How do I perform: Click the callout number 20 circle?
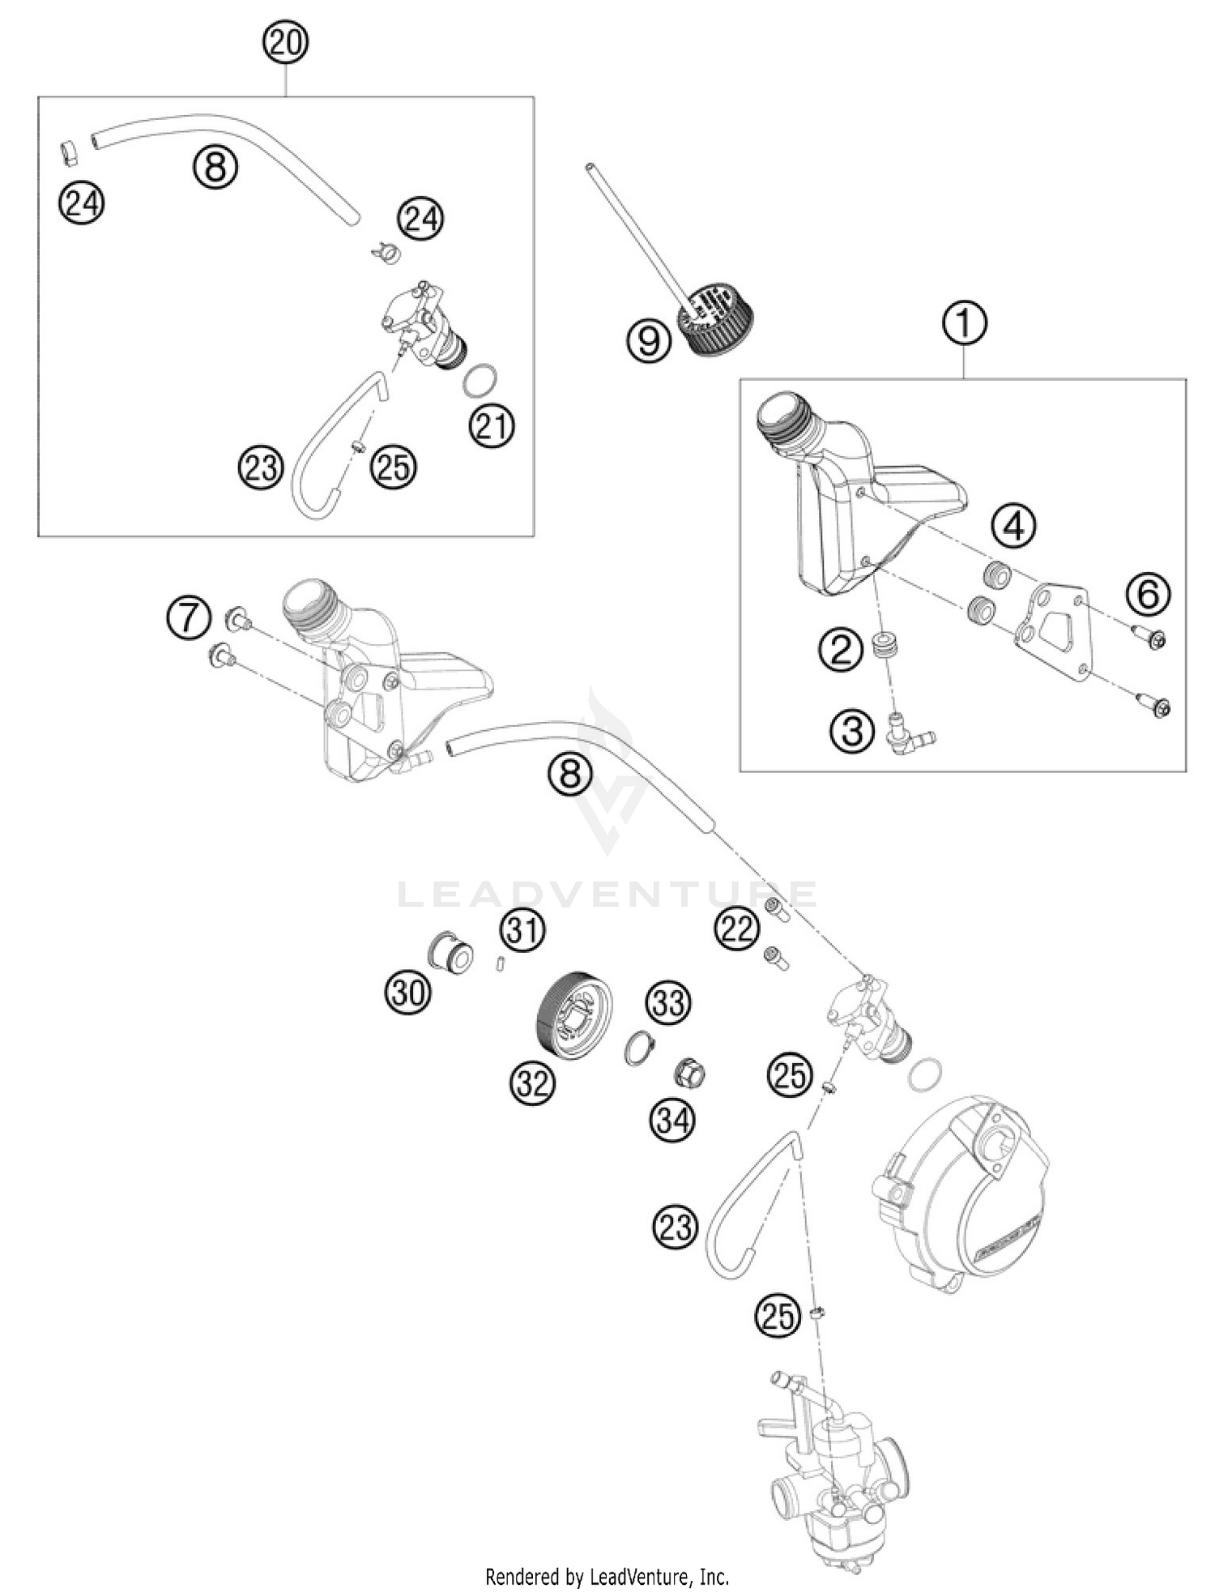[x=285, y=43]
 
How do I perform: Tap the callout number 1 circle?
[x=964, y=323]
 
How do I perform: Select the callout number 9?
[x=649, y=340]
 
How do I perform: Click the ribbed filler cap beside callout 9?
[x=714, y=317]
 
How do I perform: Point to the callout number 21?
[x=492, y=425]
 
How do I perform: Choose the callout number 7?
[x=188, y=618]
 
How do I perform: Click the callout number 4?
[x=1014, y=527]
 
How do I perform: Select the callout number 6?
[x=1149, y=594]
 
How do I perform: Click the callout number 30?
[x=407, y=991]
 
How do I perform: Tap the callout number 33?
[x=668, y=1003]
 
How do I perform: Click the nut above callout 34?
[x=689, y=1074]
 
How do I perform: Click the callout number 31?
[x=522, y=930]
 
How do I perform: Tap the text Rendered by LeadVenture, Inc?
[x=607, y=1577]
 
